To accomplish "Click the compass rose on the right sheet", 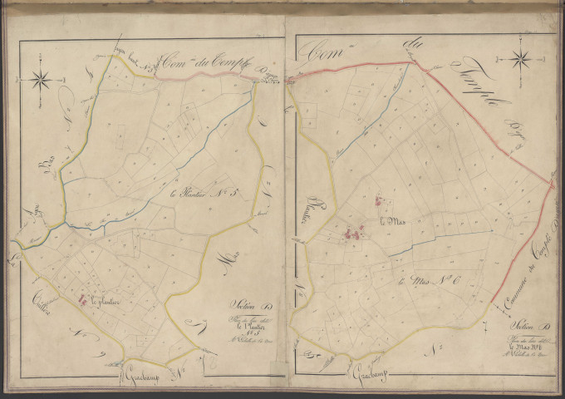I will point(522,59).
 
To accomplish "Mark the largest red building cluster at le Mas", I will point(353,234).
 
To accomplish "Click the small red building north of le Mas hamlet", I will point(379,200).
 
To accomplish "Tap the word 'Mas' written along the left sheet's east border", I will point(233,261).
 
